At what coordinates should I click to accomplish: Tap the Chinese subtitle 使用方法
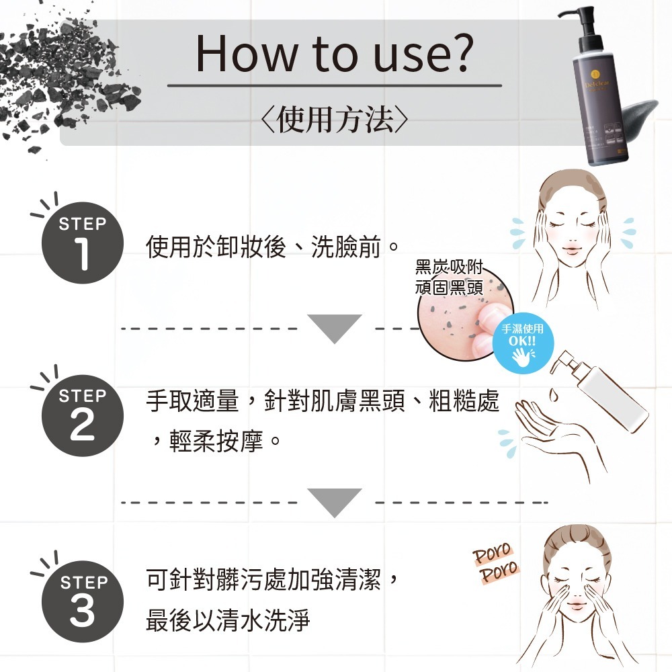tap(334, 120)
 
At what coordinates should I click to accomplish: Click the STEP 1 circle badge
tap(82, 243)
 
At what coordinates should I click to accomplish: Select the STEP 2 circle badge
tap(82, 415)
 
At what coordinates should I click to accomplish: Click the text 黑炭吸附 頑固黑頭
tap(448, 276)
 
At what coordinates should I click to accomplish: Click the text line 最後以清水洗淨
tap(228, 621)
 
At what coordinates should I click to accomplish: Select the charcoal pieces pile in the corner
tap(60, 81)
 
